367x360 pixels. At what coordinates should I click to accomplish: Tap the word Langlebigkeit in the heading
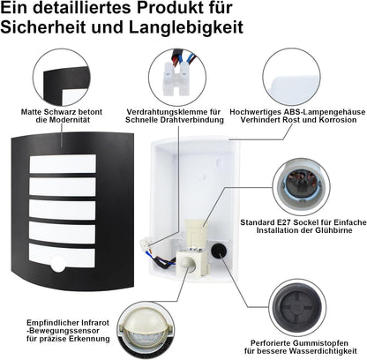[x=186, y=27]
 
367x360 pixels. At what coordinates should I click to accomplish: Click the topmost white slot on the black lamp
[x=63, y=164]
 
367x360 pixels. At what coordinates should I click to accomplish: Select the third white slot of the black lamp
[x=63, y=209]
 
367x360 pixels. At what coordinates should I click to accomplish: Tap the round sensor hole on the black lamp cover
[x=57, y=264]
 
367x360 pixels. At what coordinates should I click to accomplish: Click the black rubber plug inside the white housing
[x=219, y=251]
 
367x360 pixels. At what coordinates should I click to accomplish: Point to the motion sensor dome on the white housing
[x=187, y=262]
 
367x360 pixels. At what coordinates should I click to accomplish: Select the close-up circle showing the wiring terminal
[x=177, y=78]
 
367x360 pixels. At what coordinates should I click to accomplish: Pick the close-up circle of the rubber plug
[x=297, y=308]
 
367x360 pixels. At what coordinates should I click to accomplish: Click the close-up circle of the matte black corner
[x=62, y=78]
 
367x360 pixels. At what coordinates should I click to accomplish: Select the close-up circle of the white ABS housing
[x=291, y=78]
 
